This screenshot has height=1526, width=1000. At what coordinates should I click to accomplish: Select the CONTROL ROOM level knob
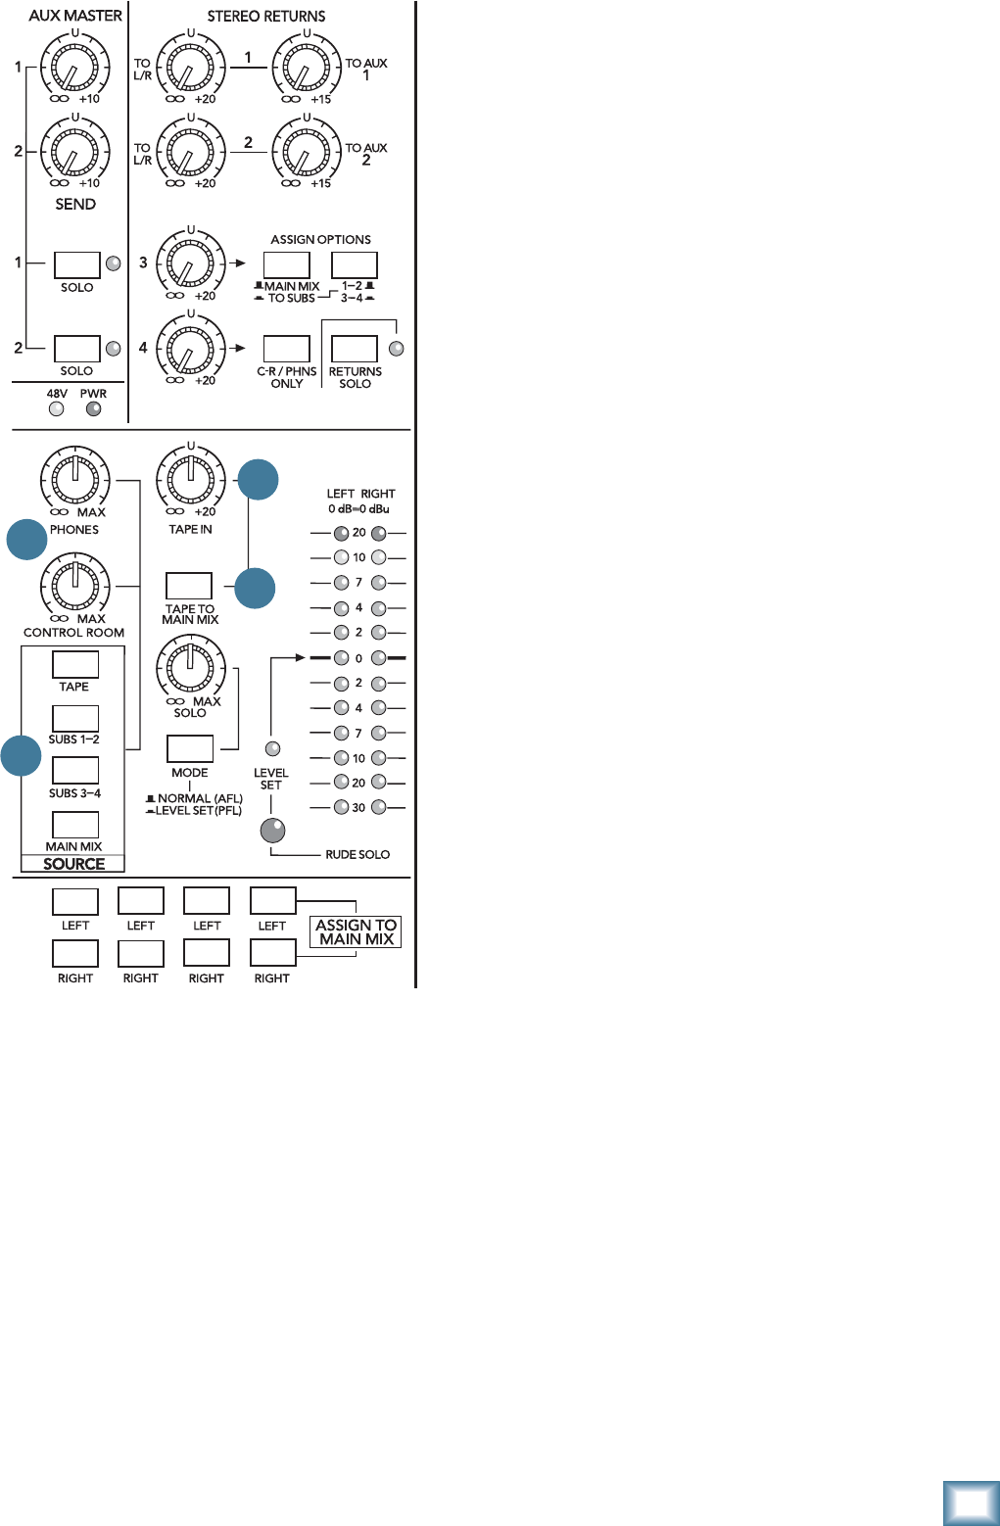[74, 586]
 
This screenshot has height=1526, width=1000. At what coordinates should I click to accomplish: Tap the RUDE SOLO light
[272, 831]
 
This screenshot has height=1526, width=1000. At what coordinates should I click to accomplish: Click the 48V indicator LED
[57, 409]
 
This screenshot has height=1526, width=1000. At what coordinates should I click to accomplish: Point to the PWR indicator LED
[93, 409]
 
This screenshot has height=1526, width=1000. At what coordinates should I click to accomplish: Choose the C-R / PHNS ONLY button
[286, 349]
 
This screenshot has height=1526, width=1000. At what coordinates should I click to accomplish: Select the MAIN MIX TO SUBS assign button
[286, 264]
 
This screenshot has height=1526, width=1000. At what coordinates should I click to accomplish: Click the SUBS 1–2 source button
[74, 718]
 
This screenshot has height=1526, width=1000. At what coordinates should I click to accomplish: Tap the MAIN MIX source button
[74, 825]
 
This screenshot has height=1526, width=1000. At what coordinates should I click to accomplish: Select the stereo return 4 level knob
[191, 348]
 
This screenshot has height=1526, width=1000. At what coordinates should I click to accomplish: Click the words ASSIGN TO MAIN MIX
[356, 931]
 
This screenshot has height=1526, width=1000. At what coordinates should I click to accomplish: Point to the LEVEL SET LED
[273, 749]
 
